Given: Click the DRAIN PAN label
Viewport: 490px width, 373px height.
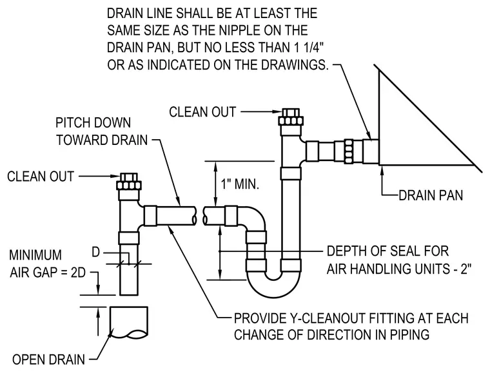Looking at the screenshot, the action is tap(431, 195).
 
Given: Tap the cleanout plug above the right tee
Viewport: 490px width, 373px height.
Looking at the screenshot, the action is tap(291, 117).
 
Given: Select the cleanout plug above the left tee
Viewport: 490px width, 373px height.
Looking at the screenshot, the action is tap(128, 182).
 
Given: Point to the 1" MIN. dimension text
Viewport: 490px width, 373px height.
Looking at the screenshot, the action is tap(240, 184).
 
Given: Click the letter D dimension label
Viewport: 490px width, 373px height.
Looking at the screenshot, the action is tap(95, 252).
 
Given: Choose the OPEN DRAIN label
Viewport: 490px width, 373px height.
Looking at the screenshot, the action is tap(48, 359).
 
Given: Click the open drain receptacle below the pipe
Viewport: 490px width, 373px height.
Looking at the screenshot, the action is tap(128, 322).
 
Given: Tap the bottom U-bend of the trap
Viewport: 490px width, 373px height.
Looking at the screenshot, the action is tap(274, 285).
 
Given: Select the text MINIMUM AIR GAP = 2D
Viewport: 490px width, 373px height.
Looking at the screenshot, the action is tap(47, 263).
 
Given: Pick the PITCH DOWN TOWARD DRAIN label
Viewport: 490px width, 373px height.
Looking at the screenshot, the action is tap(102, 131).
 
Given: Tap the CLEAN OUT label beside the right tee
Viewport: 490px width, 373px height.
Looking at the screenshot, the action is tap(202, 112).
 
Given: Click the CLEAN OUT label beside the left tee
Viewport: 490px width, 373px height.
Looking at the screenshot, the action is tap(41, 177).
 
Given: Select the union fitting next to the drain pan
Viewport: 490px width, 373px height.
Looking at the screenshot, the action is tap(348, 151).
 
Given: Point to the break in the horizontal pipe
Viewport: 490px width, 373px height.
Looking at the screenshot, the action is tap(200, 216).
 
